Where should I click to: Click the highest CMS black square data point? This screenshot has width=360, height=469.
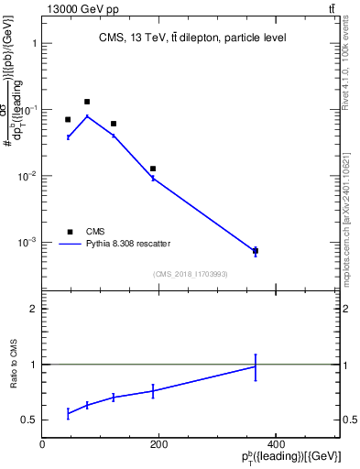coord(87,102)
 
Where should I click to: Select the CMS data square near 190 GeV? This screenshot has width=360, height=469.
coord(153,169)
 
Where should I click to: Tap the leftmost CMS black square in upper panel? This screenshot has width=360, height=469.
coord(68,120)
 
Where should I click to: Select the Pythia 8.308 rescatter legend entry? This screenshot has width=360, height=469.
coord(128,244)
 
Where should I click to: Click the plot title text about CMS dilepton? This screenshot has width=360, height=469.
coord(192,38)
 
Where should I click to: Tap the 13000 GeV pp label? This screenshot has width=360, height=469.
coord(78,8)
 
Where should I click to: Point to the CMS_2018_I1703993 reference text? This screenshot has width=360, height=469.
coord(191,274)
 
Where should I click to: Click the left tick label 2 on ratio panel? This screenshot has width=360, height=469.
coord(34,309)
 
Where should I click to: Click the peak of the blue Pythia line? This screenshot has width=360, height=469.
coord(87,115)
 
